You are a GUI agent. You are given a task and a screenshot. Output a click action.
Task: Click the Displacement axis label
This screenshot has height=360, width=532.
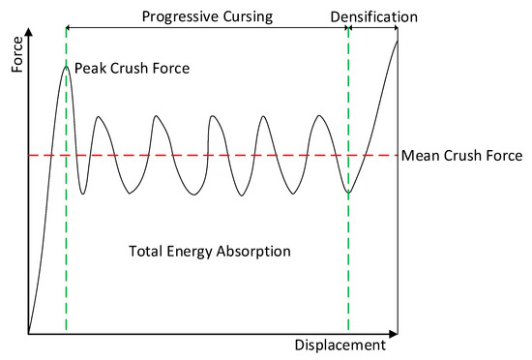point(339,345)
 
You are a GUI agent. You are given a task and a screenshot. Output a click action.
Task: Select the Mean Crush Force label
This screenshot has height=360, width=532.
point(461,155)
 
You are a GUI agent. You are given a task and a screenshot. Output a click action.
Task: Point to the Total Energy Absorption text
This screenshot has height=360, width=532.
point(210,252)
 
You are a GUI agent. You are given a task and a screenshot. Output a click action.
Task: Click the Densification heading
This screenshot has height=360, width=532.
point(373,17)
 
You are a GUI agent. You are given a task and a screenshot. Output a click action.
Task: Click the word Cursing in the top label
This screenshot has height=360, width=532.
point(241,17)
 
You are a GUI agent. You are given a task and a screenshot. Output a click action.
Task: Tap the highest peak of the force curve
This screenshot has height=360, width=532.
point(66,66)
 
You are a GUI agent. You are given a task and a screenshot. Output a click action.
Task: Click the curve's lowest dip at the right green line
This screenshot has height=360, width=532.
point(348,195)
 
